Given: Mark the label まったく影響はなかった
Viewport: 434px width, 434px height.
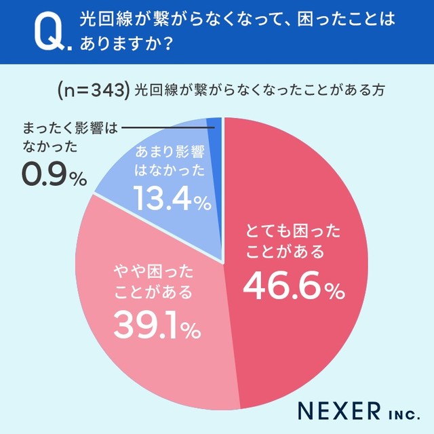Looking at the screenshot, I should pos(61,136).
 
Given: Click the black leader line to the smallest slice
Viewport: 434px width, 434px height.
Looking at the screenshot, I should pos(163,127).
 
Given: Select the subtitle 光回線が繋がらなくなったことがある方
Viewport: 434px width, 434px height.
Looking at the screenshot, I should pos(260,90).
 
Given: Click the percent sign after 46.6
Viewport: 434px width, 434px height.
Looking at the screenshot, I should pos(333,292).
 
